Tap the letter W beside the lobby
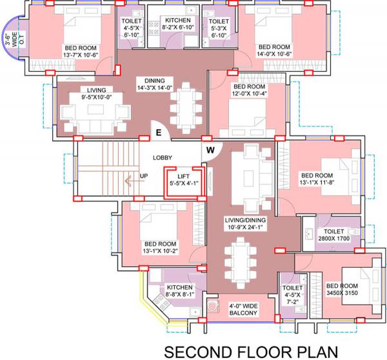tap(210, 151)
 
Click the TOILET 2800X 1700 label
tap(333, 234)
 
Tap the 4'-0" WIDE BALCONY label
tap(243, 310)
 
